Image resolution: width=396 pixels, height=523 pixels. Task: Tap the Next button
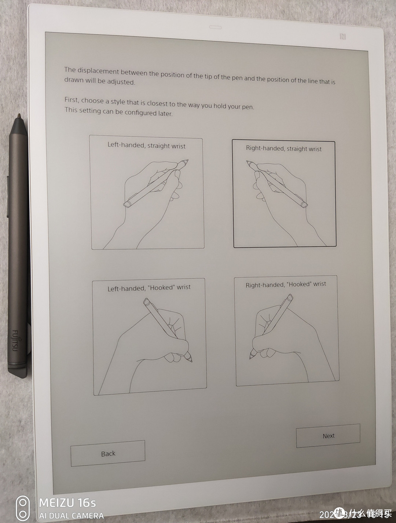click(x=328, y=436)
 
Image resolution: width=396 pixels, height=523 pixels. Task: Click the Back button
click(x=108, y=453)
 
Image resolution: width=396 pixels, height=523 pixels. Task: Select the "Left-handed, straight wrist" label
click(x=146, y=145)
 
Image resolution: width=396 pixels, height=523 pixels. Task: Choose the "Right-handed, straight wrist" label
click(x=283, y=149)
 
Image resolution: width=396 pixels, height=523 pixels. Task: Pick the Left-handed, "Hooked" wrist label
click(x=149, y=288)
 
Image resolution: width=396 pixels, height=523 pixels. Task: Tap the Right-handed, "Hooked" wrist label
click(x=286, y=285)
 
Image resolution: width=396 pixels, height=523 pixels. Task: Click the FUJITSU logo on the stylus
click(x=15, y=340)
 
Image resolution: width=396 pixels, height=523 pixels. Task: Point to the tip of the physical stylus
click(x=19, y=115)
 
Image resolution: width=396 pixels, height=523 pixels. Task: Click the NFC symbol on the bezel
click(x=342, y=37)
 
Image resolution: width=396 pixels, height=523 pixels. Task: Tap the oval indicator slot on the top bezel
click(x=215, y=27)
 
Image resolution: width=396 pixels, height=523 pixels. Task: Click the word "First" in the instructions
click(x=71, y=99)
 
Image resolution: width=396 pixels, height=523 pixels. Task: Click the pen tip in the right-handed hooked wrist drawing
click(x=250, y=357)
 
